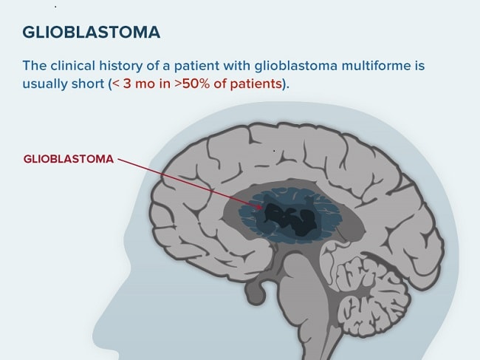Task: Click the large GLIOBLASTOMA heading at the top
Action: (x=92, y=33)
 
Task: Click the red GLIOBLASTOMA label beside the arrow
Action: (x=69, y=159)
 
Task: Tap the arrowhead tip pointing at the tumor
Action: (x=262, y=208)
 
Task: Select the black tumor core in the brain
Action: (x=290, y=220)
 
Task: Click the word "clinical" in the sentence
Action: (x=73, y=66)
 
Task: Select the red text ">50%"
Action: (x=192, y=84)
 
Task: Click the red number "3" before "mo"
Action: (x=127, y=84)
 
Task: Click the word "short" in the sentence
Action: (x=88, y=84)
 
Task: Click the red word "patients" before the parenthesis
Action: (x=256, y=84)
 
